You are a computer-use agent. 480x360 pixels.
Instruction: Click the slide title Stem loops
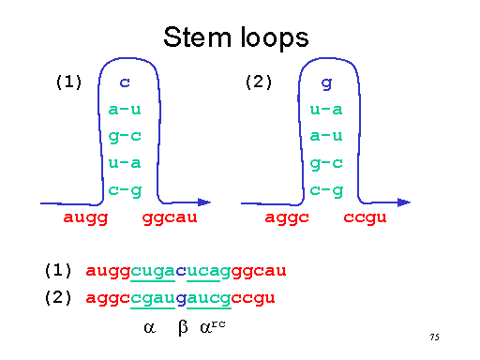tap(235, 37)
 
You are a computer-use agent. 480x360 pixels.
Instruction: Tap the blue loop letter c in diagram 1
tap(124, 83)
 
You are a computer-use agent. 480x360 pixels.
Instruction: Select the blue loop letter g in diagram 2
tap(326, 83)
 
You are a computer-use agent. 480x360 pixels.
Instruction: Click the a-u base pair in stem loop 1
tap(124, 111)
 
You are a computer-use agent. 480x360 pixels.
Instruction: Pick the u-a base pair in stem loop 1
tap(124, 163)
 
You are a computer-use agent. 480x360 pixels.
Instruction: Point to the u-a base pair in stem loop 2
tap(326, 111)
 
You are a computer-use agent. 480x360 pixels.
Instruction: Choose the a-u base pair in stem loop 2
tap(326, 137)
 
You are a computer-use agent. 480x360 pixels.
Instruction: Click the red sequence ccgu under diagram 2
tap(366, 219)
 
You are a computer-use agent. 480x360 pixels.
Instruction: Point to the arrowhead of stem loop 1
tap(205, 202)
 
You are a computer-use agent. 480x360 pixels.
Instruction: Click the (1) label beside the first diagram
tap(69, 82)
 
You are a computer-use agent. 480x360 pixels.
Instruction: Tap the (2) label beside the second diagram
tap(258, 82)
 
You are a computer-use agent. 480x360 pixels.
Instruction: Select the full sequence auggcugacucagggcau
tap(186, 272)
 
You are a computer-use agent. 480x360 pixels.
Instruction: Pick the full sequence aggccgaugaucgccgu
tap(180, 298)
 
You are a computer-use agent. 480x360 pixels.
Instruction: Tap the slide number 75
tap(434, 337)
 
